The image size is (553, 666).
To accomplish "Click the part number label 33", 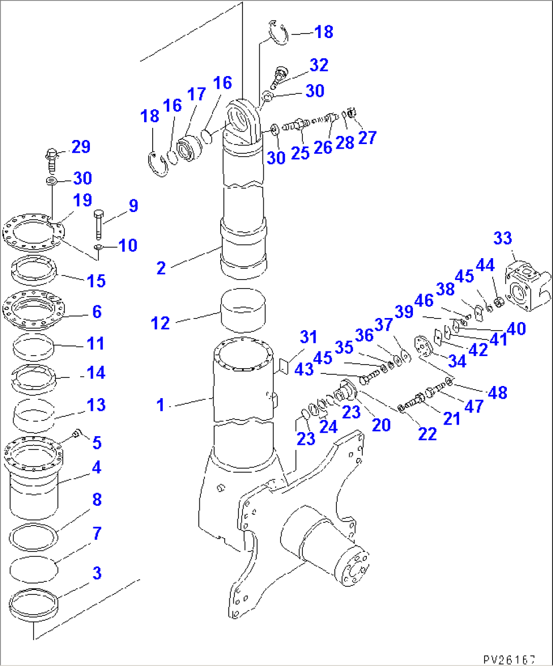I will (502, 238).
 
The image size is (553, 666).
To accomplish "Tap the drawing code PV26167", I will (509, 659).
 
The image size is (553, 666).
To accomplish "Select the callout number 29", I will (81, 147).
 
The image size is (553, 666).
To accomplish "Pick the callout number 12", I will (160, 323).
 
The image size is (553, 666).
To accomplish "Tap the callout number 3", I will (96, 573).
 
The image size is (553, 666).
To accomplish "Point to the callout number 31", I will (308, 337).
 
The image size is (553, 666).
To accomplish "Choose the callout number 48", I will (497, 392).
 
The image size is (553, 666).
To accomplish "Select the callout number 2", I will (161, 268).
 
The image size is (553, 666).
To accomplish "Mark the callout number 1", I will (160, 405).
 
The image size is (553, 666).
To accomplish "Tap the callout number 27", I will (367, 137).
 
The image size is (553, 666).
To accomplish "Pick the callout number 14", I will (96, 373).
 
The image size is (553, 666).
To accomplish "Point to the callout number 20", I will (381, 425).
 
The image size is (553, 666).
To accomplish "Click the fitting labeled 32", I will (279, 74).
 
